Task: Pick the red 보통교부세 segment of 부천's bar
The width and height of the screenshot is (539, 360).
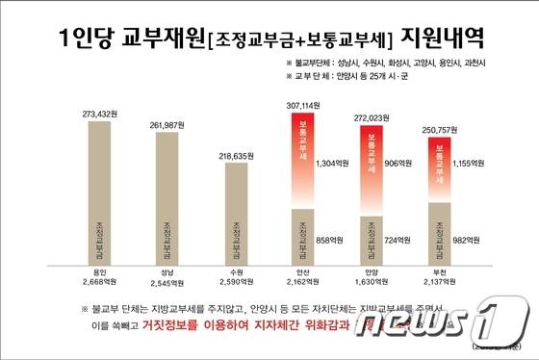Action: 438,169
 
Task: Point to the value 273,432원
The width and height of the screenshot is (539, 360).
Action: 101,114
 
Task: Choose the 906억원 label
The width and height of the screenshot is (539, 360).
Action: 398,163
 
